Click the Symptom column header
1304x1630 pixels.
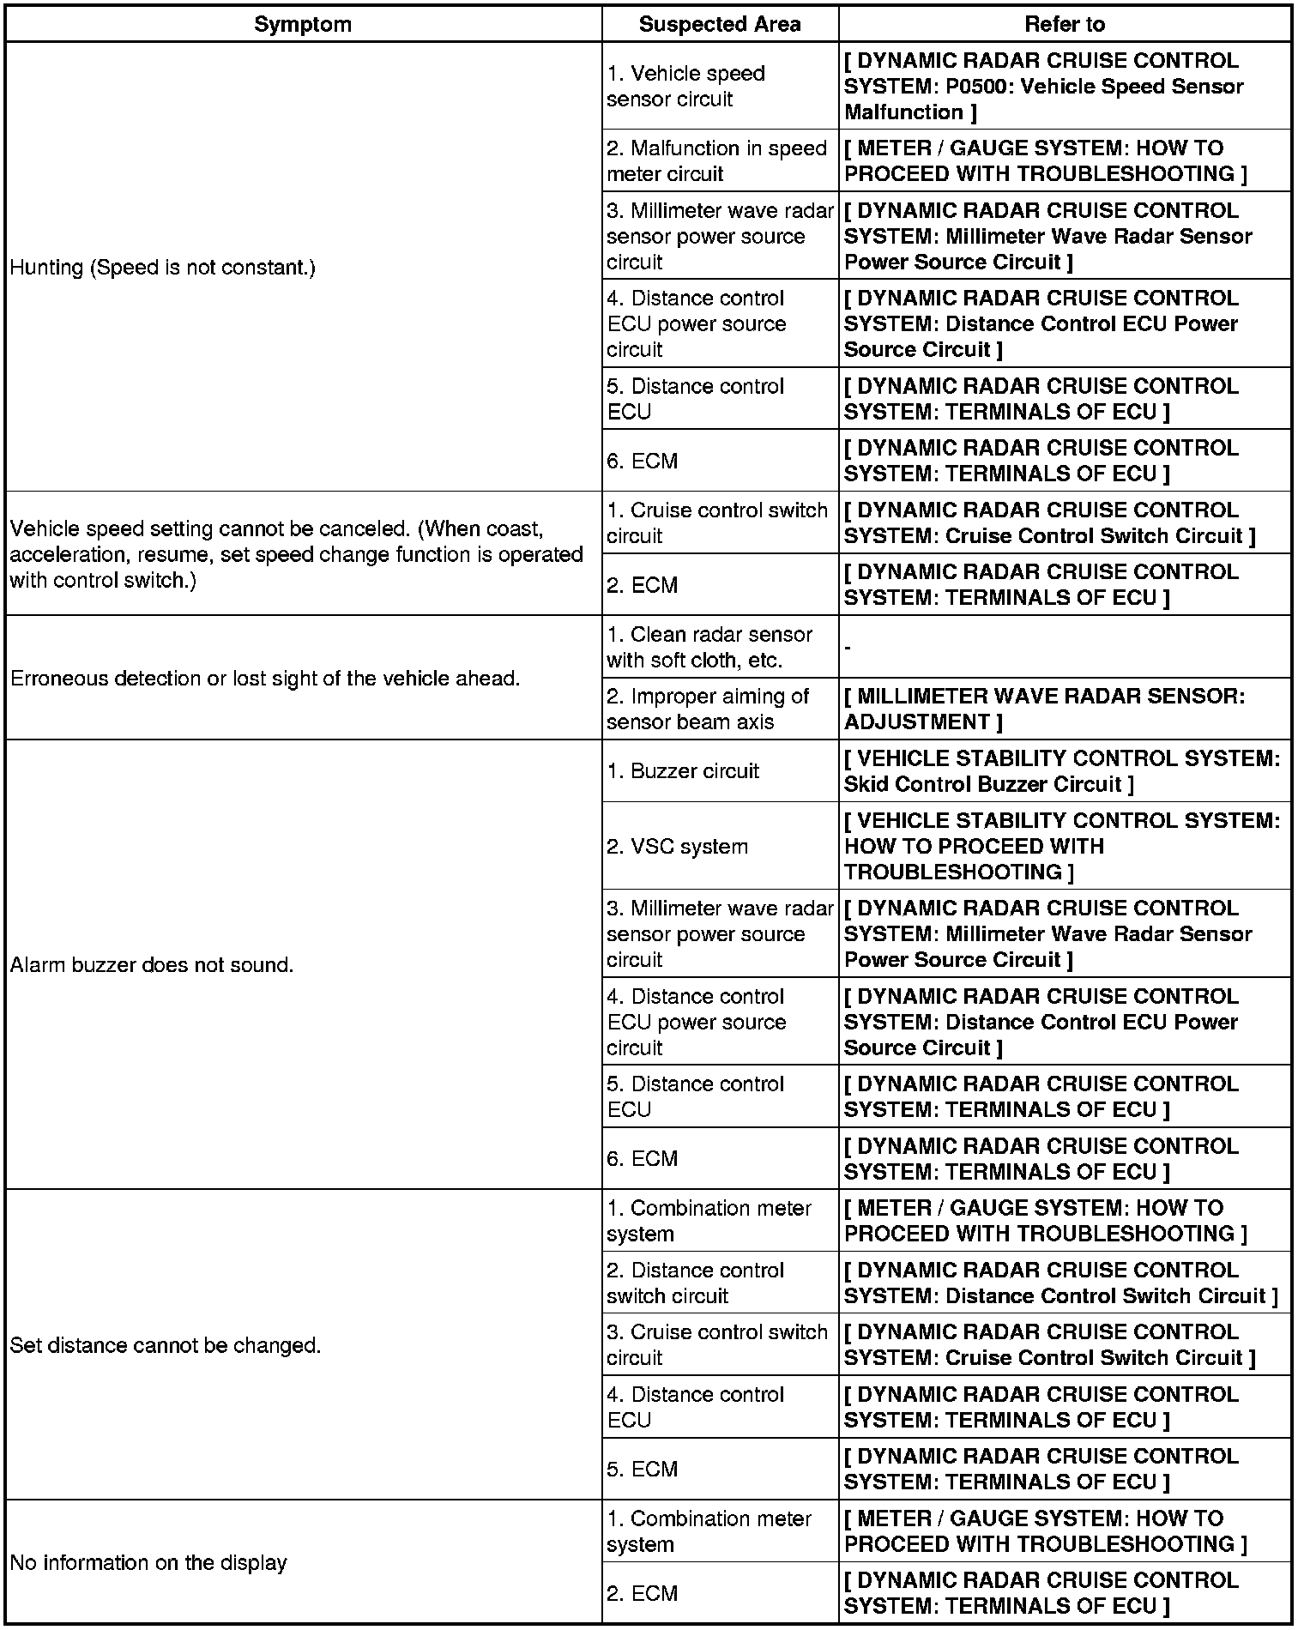(x=303, y=24)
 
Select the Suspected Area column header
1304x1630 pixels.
(x=719, y=24)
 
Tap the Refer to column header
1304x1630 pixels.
(x=1065, y=24)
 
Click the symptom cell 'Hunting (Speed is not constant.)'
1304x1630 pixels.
(x=163, y=268)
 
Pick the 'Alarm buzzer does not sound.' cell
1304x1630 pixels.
(x=152, y=965)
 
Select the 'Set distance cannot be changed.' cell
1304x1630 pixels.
(x=166, y=1345)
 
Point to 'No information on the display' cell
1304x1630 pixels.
(x=148, y=1562)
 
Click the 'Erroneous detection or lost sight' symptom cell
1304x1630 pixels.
(x=265, y=679)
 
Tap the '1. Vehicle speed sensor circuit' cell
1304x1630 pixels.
(x=686, y=86)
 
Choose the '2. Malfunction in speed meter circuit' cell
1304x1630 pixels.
(x=716, y=160)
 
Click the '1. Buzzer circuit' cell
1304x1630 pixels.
(x=683, y=771)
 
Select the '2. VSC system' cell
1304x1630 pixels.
(x=678, y=847)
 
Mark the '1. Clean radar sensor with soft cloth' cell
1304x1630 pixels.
(x=709, y=647)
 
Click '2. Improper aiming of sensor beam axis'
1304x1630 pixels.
(x=708, y=709)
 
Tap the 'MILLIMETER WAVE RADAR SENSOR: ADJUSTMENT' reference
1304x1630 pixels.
(x=1044, y=709)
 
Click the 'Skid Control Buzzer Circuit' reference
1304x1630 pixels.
(x=1061, y=771)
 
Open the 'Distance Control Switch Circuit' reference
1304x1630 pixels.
(x=1060, y=1283)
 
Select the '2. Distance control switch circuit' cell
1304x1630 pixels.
(x=696, y=1283)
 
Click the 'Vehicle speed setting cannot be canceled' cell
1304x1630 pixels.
(x=296, y=554)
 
